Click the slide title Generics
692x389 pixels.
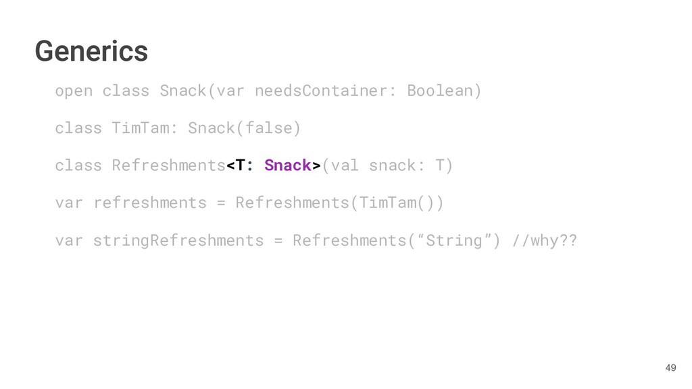(x=91, y=51)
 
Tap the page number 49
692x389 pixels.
(x=670, y=368)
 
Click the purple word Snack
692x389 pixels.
(x=288, y=165)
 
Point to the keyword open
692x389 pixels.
(x=74, y=90)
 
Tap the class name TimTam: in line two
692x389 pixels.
(x=145, y=128)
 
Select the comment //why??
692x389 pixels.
(x=545, y=240)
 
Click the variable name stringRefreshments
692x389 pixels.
(x=178, y=240)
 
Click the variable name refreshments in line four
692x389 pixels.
(x=150, y=203)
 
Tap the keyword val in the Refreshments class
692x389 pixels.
(x=345, y=165)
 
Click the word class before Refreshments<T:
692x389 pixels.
(x=78, y=165)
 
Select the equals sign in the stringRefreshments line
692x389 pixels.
(x=278, y=240)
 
